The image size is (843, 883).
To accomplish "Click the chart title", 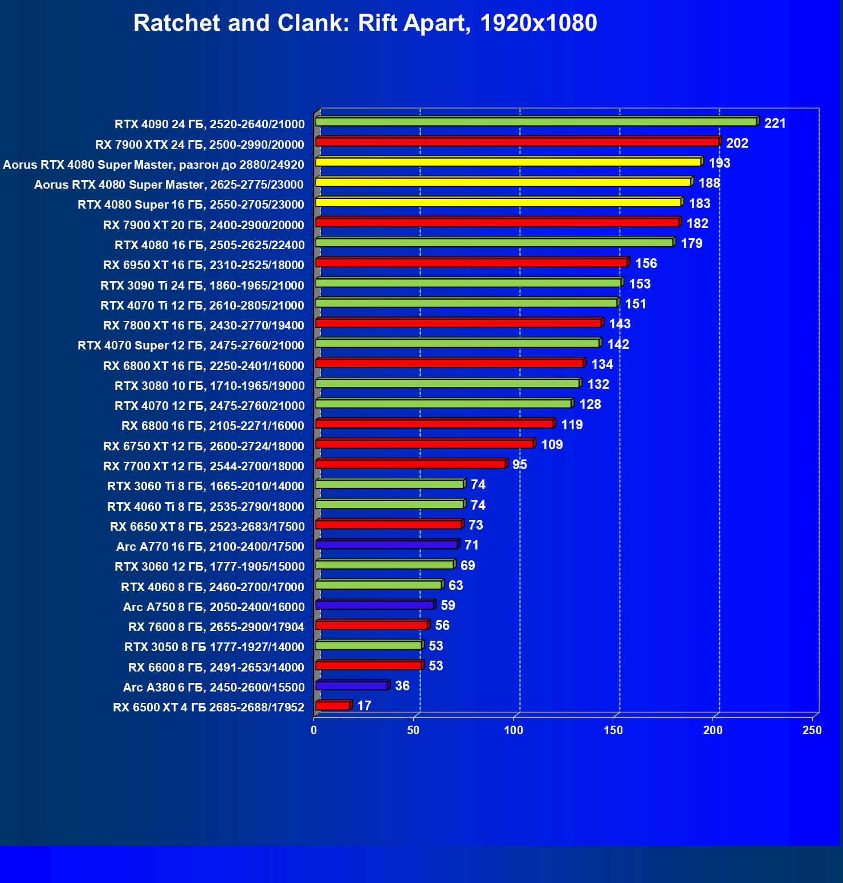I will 365,23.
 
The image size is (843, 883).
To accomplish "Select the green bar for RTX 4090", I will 536,121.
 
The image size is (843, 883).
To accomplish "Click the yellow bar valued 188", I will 503,182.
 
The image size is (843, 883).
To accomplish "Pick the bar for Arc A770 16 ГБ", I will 386,544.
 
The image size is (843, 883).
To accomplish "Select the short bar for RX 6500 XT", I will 333,706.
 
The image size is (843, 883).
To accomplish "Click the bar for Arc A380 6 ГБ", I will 352,685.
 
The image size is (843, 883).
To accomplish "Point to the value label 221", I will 775,123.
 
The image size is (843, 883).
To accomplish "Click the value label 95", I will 519,465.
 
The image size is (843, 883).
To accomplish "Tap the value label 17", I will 364,706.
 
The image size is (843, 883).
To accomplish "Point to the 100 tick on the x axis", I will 513,730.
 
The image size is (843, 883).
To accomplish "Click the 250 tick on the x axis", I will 812,730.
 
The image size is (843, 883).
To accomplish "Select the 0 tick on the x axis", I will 314,730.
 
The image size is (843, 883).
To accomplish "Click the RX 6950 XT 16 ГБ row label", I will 203,265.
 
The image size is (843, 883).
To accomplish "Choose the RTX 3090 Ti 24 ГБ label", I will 202,285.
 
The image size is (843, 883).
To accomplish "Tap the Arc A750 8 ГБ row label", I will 214,607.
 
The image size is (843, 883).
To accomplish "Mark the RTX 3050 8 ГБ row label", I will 214,646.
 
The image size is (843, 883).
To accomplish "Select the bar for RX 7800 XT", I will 458,323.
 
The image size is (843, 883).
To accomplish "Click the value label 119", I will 572,425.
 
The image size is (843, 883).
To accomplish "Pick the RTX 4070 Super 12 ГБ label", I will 191,345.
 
